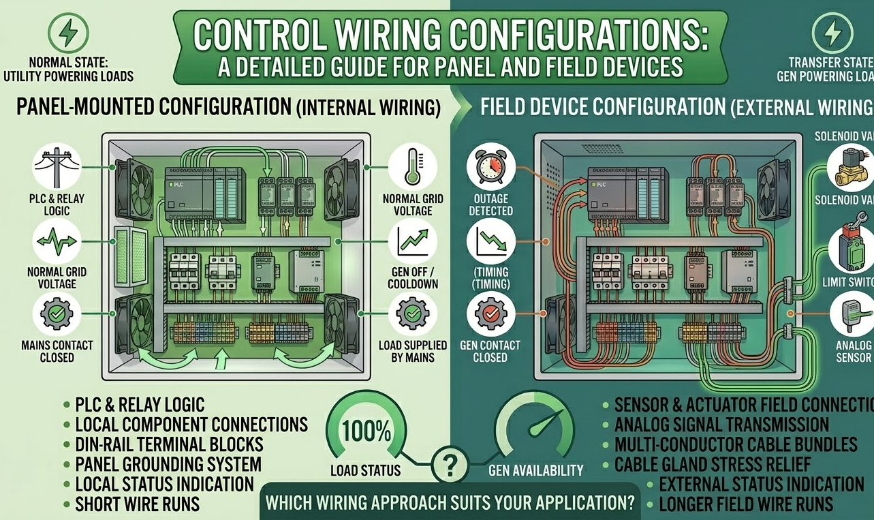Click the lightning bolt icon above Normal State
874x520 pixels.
pyautogui.click(x=67, y=32)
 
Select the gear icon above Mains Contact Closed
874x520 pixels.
pyautogui.click(x=57, y=314)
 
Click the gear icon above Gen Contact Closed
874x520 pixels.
pyautogui.click(x=490, y=314)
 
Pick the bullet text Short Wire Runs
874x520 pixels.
pyautogui.click(x=137, y=504)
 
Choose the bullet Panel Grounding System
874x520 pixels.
pyautogui.click(x=168, y=464)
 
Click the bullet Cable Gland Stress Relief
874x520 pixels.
pyautogui.click(x=713, y=465)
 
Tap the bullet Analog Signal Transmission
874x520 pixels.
pyautogui.click(x=721, y=425)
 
